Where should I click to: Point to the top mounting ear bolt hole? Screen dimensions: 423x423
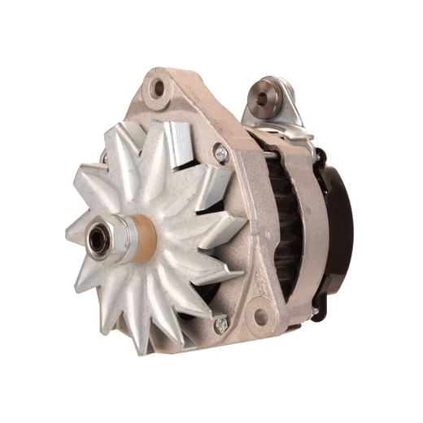[157, 88]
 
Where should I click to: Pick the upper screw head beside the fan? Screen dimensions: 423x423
[220, 152]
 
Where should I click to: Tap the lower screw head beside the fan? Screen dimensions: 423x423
[220, 325]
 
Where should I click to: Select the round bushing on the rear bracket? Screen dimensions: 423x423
[262, 97]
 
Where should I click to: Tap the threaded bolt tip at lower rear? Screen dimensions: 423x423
[313, 310]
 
